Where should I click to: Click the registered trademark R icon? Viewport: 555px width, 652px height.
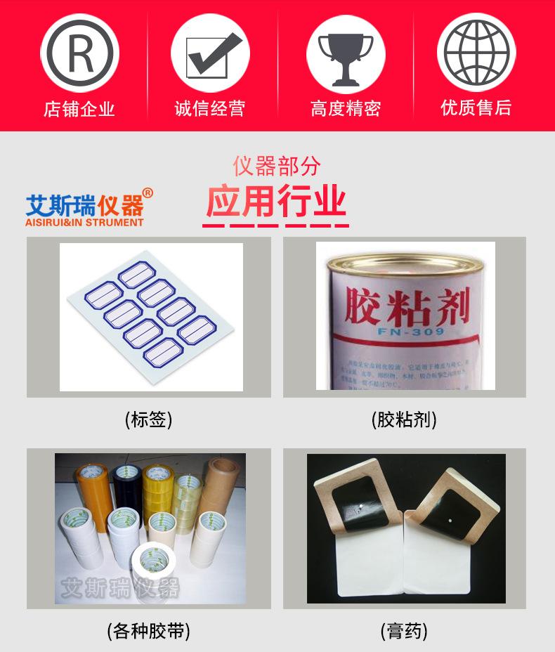click(x=79, y=53)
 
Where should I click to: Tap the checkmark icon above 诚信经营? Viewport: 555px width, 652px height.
click(x=210, y=53)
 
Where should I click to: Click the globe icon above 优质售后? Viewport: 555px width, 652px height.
click(x=476, y=53)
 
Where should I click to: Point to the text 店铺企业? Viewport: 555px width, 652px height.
click(x=79, y=109)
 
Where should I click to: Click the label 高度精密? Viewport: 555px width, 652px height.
click(x=345, y=109)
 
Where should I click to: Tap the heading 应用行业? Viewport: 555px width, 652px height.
click(x=276, y=202)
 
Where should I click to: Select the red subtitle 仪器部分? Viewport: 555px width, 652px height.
click(x=276, y=166)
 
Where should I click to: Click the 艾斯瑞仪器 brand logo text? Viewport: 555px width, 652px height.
click(x=84, y=205)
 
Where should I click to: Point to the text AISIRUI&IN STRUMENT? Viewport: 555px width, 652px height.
click(x=84, y=223)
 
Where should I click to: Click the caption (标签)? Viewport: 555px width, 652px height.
click(x=148, y=420)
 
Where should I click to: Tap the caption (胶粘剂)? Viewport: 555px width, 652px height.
click(x=404, y=420)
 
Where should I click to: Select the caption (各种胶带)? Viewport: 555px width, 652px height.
click(x=148, y=631)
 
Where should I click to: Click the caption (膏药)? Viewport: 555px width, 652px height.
click(x=404, y=631)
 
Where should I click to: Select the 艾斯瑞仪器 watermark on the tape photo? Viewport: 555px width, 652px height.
click(x=121, y=587)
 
